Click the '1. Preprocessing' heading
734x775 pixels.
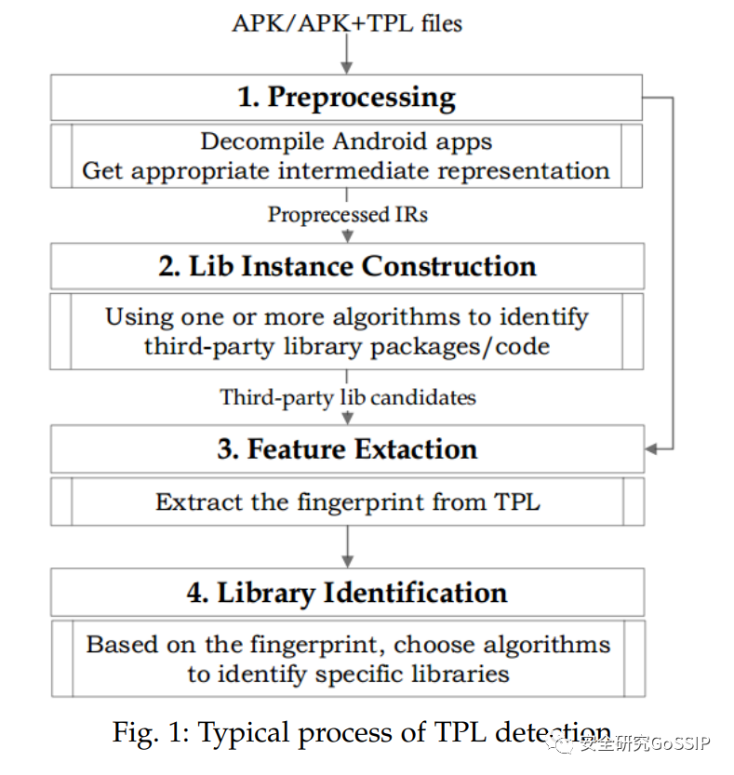pyautogui.click(x=346, y=98)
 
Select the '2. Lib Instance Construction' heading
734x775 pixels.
pyautogui.click(x=348, y=266)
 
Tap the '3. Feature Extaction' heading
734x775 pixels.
pyautogui.click(x=348, y=448)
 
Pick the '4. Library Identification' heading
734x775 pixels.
pyautogui.click(x=347, y=594)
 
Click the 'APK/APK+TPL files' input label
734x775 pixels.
pyautogui.click(x=347, y=23)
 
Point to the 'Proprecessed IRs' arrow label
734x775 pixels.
pyautogui.click(x=348, y=215)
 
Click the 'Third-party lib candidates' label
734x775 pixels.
pyautogui.click(x=348, y=397)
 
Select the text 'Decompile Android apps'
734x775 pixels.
pyautogui.click(x=346, y=141)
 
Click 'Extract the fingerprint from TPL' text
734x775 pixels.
pyautogui.click(x=348, y=502)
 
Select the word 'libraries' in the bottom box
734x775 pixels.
pyautogui.click(x=460, y=675)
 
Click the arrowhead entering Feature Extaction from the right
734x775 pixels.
pyautogui.click(x=651, y=448)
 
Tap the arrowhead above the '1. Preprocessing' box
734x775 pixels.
pyautogui.click(x=347, y=68)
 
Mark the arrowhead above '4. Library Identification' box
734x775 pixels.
pyautogui.click(x=348, y=562)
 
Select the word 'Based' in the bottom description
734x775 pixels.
pyautogui.click(x=122, y=645)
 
